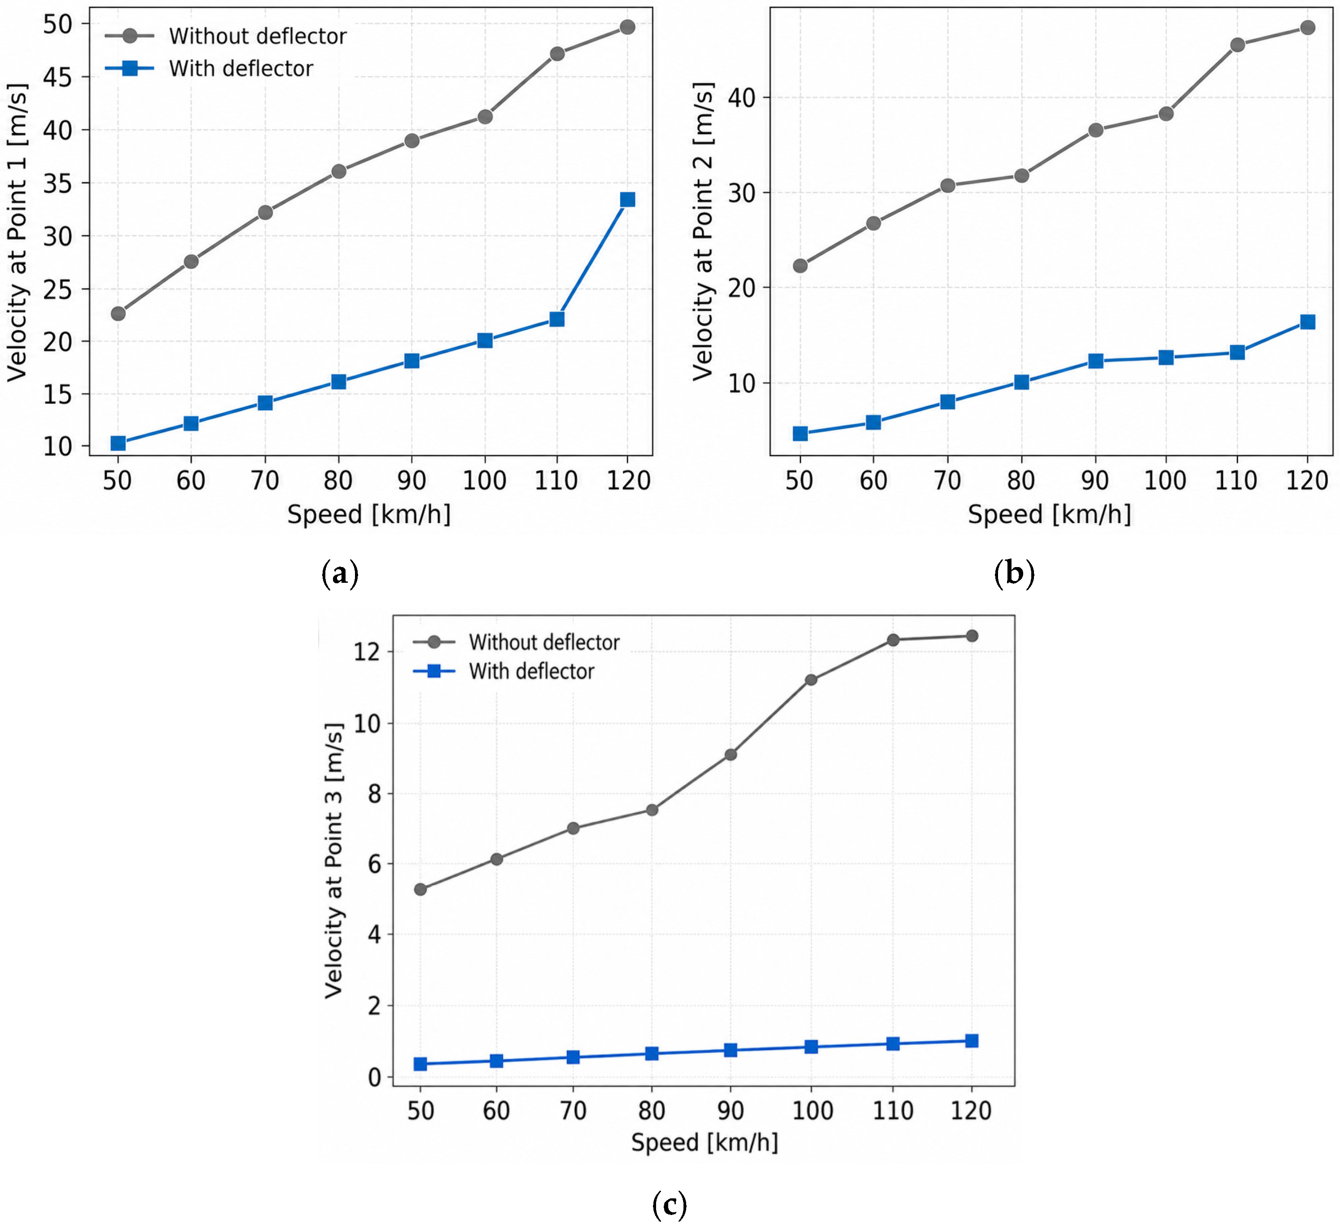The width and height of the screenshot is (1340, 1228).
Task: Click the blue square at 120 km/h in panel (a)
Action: click(627, 199)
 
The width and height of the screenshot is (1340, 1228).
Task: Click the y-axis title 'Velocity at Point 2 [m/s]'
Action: click(703, 231)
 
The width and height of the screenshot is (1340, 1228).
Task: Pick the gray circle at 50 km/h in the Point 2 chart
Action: click(800, 266)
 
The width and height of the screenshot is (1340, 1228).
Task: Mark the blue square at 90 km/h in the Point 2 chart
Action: click(1095, 361)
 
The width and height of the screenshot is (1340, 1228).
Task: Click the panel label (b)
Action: click(1014, 573)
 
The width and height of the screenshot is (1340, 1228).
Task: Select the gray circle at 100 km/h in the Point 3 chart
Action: click(811, 679)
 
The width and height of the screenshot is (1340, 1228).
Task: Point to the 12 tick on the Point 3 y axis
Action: click(367, 651)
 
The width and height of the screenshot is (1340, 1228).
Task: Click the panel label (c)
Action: click(670, 1204)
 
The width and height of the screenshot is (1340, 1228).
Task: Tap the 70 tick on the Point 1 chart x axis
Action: click(264, 480)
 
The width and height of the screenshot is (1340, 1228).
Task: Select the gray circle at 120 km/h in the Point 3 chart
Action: click(972, 636)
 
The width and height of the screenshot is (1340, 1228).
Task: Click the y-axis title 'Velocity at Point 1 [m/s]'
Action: click(18, 233)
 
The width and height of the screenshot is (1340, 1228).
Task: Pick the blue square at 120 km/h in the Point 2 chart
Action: click(1307, 322)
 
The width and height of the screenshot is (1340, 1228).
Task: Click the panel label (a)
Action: click(340, 573)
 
